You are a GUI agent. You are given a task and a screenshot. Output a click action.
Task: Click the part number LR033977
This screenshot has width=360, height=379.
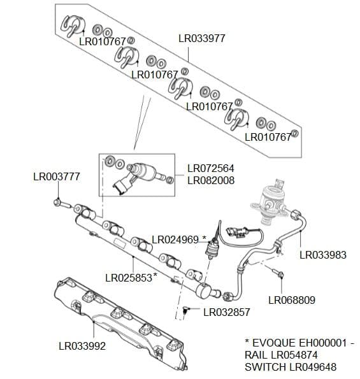click(201, 38)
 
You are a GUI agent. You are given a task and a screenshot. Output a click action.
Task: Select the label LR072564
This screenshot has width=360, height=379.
click(210, 169)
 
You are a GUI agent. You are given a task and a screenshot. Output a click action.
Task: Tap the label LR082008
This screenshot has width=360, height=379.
click(210, 181)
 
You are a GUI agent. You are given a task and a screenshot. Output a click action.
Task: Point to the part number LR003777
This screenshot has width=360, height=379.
click(56, 176)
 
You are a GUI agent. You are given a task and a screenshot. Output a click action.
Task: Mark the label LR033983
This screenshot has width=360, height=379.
click(323, 255)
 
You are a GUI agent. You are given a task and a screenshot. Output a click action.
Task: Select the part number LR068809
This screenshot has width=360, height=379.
click(292, 299)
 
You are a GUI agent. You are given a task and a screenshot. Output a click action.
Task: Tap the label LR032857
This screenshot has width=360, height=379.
click(226, 312)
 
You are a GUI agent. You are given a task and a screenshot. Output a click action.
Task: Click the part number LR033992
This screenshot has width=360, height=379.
click(82, 347)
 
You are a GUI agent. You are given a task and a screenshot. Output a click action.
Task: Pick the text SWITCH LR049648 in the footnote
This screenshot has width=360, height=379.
click(291, 368)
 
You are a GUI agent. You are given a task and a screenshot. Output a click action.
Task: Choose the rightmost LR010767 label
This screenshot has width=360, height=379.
click(268, 137)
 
